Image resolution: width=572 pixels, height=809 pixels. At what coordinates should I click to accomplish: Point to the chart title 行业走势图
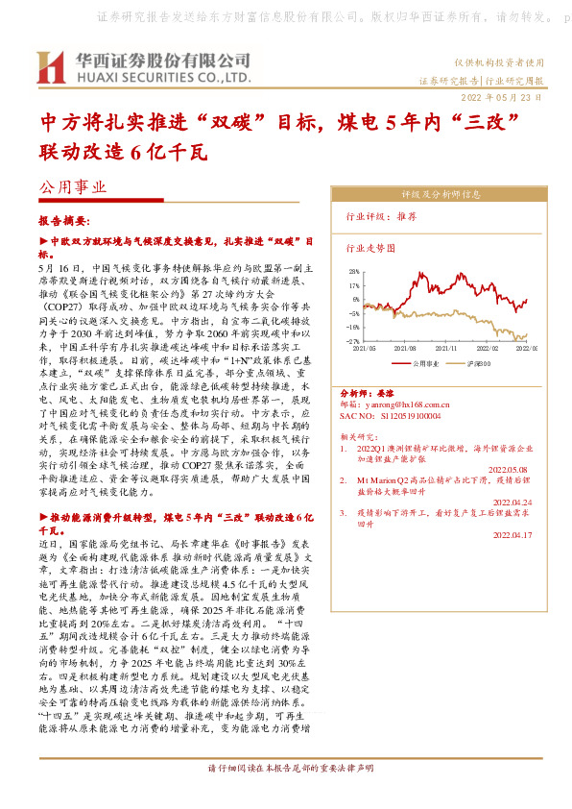(370, 247)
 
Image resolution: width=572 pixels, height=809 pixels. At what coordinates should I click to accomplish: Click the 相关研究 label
(359, 436)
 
